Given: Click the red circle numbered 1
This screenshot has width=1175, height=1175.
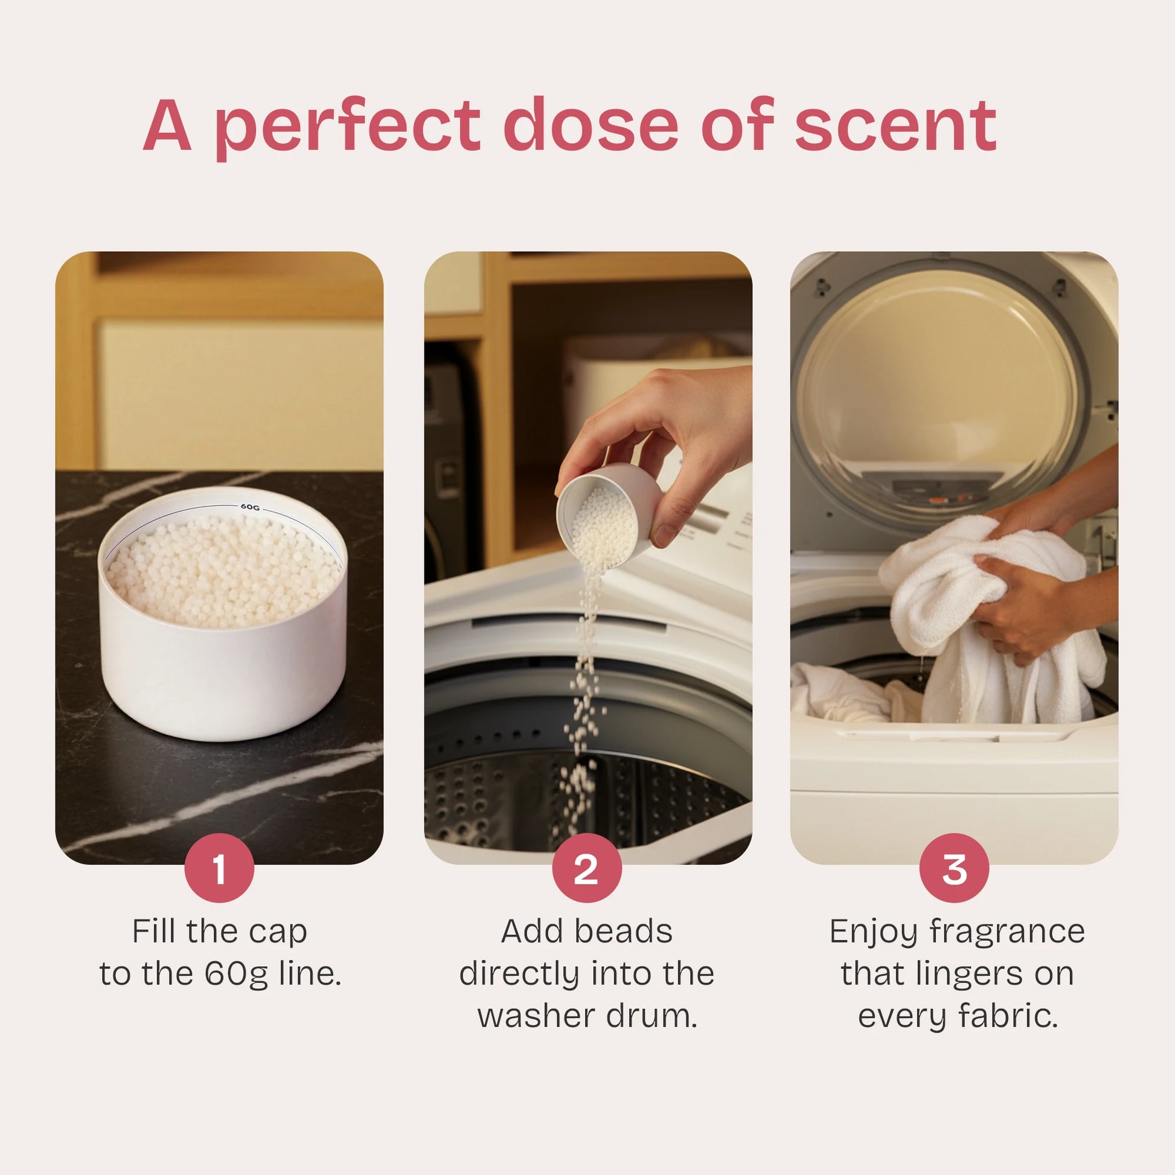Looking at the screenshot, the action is tap(219, 868).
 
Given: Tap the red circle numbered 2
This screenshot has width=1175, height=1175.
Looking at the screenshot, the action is tap(587, 868).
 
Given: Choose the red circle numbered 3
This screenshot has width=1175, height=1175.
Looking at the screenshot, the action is tap(954, 868).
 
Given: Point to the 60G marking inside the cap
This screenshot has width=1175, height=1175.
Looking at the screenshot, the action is tap(250, 507).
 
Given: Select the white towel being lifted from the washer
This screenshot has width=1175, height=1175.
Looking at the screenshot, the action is tap(991, 620).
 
